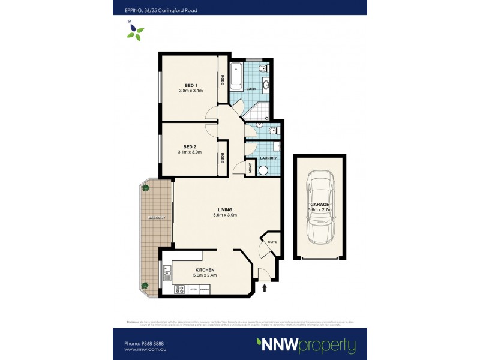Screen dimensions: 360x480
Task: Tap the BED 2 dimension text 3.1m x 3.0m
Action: coord(190,152)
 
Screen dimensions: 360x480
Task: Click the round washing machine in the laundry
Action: coord(263,170)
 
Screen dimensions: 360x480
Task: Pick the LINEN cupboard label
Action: coord(251,166)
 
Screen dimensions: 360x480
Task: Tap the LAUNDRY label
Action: coord(268,158)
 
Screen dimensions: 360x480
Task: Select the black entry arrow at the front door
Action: coord(265,289)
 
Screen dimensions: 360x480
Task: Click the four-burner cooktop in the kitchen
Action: coord(179,290)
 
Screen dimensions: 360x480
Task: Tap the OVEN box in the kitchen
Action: coord(193,290)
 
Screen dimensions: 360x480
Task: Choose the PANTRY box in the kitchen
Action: coord(204,290)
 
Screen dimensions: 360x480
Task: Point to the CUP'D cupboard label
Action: coord(271,242)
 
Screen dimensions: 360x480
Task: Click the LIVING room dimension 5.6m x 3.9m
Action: coord(225,215)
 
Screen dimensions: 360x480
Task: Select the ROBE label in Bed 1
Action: coord(223,79)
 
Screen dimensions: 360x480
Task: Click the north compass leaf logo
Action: coord(135,31)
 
